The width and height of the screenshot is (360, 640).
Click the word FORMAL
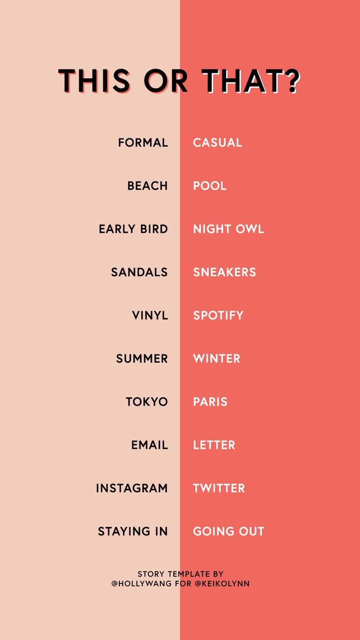coord(143,143)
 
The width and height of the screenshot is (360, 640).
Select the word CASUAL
coord(218,143)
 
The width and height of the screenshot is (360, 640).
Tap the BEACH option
coord(148,186)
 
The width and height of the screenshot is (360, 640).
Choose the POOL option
coord(210,186)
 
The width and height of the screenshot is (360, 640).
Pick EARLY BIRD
coord(133,229)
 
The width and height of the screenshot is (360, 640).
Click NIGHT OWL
coord(228,229)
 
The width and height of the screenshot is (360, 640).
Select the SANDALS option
coord(139,273)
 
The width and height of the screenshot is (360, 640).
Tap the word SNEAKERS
coord(225,273)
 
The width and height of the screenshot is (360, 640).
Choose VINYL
coord(150,316)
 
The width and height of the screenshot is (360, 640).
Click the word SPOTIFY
coord(218,316)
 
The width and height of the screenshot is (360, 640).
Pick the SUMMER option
coord(142,359)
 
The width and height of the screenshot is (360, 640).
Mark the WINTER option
coord(217,359)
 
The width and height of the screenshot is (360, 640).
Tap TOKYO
coord(147,402)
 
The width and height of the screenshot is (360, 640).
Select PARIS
coord(210,402)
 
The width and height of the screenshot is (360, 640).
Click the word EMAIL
coord(149,445)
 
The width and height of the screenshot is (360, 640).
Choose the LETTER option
coord(214,445)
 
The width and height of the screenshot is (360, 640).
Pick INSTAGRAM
coord(132,489)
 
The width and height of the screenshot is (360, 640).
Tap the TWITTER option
coord(219,489)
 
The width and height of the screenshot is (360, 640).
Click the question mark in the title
coord(291,82)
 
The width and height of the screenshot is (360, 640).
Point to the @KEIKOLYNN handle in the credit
coord(223,584)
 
